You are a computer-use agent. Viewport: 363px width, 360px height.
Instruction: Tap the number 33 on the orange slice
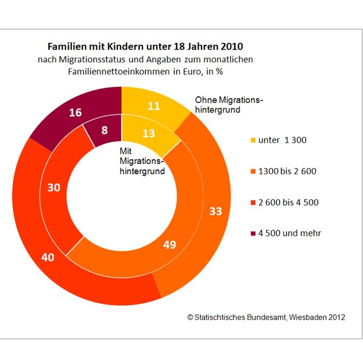click(x=216, y=211)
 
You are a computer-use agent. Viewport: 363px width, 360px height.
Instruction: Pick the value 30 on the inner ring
click(x=53, y=188)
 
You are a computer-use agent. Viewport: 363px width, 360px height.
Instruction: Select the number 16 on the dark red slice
click(x=76, y=112)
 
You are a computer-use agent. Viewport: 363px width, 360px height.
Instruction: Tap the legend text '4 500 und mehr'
click(x=290, y=233)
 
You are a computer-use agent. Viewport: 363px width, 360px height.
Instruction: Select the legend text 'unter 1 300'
click(x=283, y=140)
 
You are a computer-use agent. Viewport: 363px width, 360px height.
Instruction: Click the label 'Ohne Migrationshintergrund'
click(x=230, y=105)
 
